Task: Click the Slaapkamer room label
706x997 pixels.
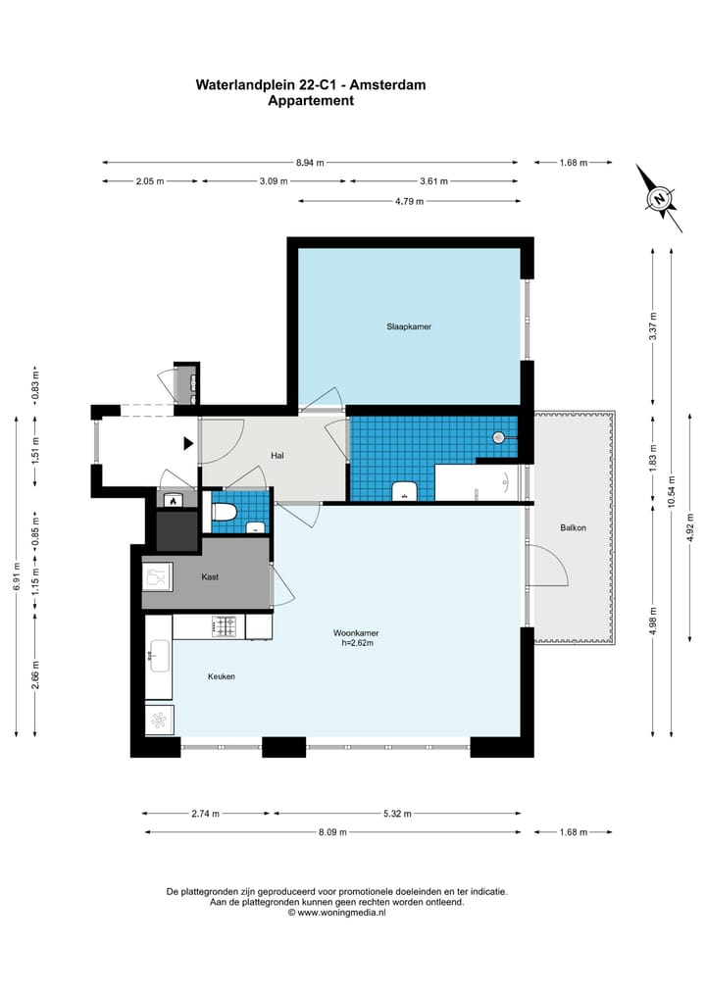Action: point(409,326)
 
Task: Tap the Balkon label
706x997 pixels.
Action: point(573,527)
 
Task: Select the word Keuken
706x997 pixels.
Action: point(222,676)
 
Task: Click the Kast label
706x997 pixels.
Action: point(210,577)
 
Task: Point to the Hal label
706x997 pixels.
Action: point(277,456)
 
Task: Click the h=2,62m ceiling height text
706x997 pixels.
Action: point(358,643)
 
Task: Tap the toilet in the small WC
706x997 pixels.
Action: point(224,512)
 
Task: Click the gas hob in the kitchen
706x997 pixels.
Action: point(224,627)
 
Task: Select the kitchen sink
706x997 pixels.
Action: point(159,656)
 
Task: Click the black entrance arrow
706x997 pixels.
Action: point(188,444)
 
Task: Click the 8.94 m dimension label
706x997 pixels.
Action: point(310,163)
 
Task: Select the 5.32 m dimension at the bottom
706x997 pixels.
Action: point(397,814)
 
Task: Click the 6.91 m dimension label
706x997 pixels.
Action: point(16,576)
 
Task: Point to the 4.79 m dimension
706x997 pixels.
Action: point(409,202)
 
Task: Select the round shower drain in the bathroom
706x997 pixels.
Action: point(499,437)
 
